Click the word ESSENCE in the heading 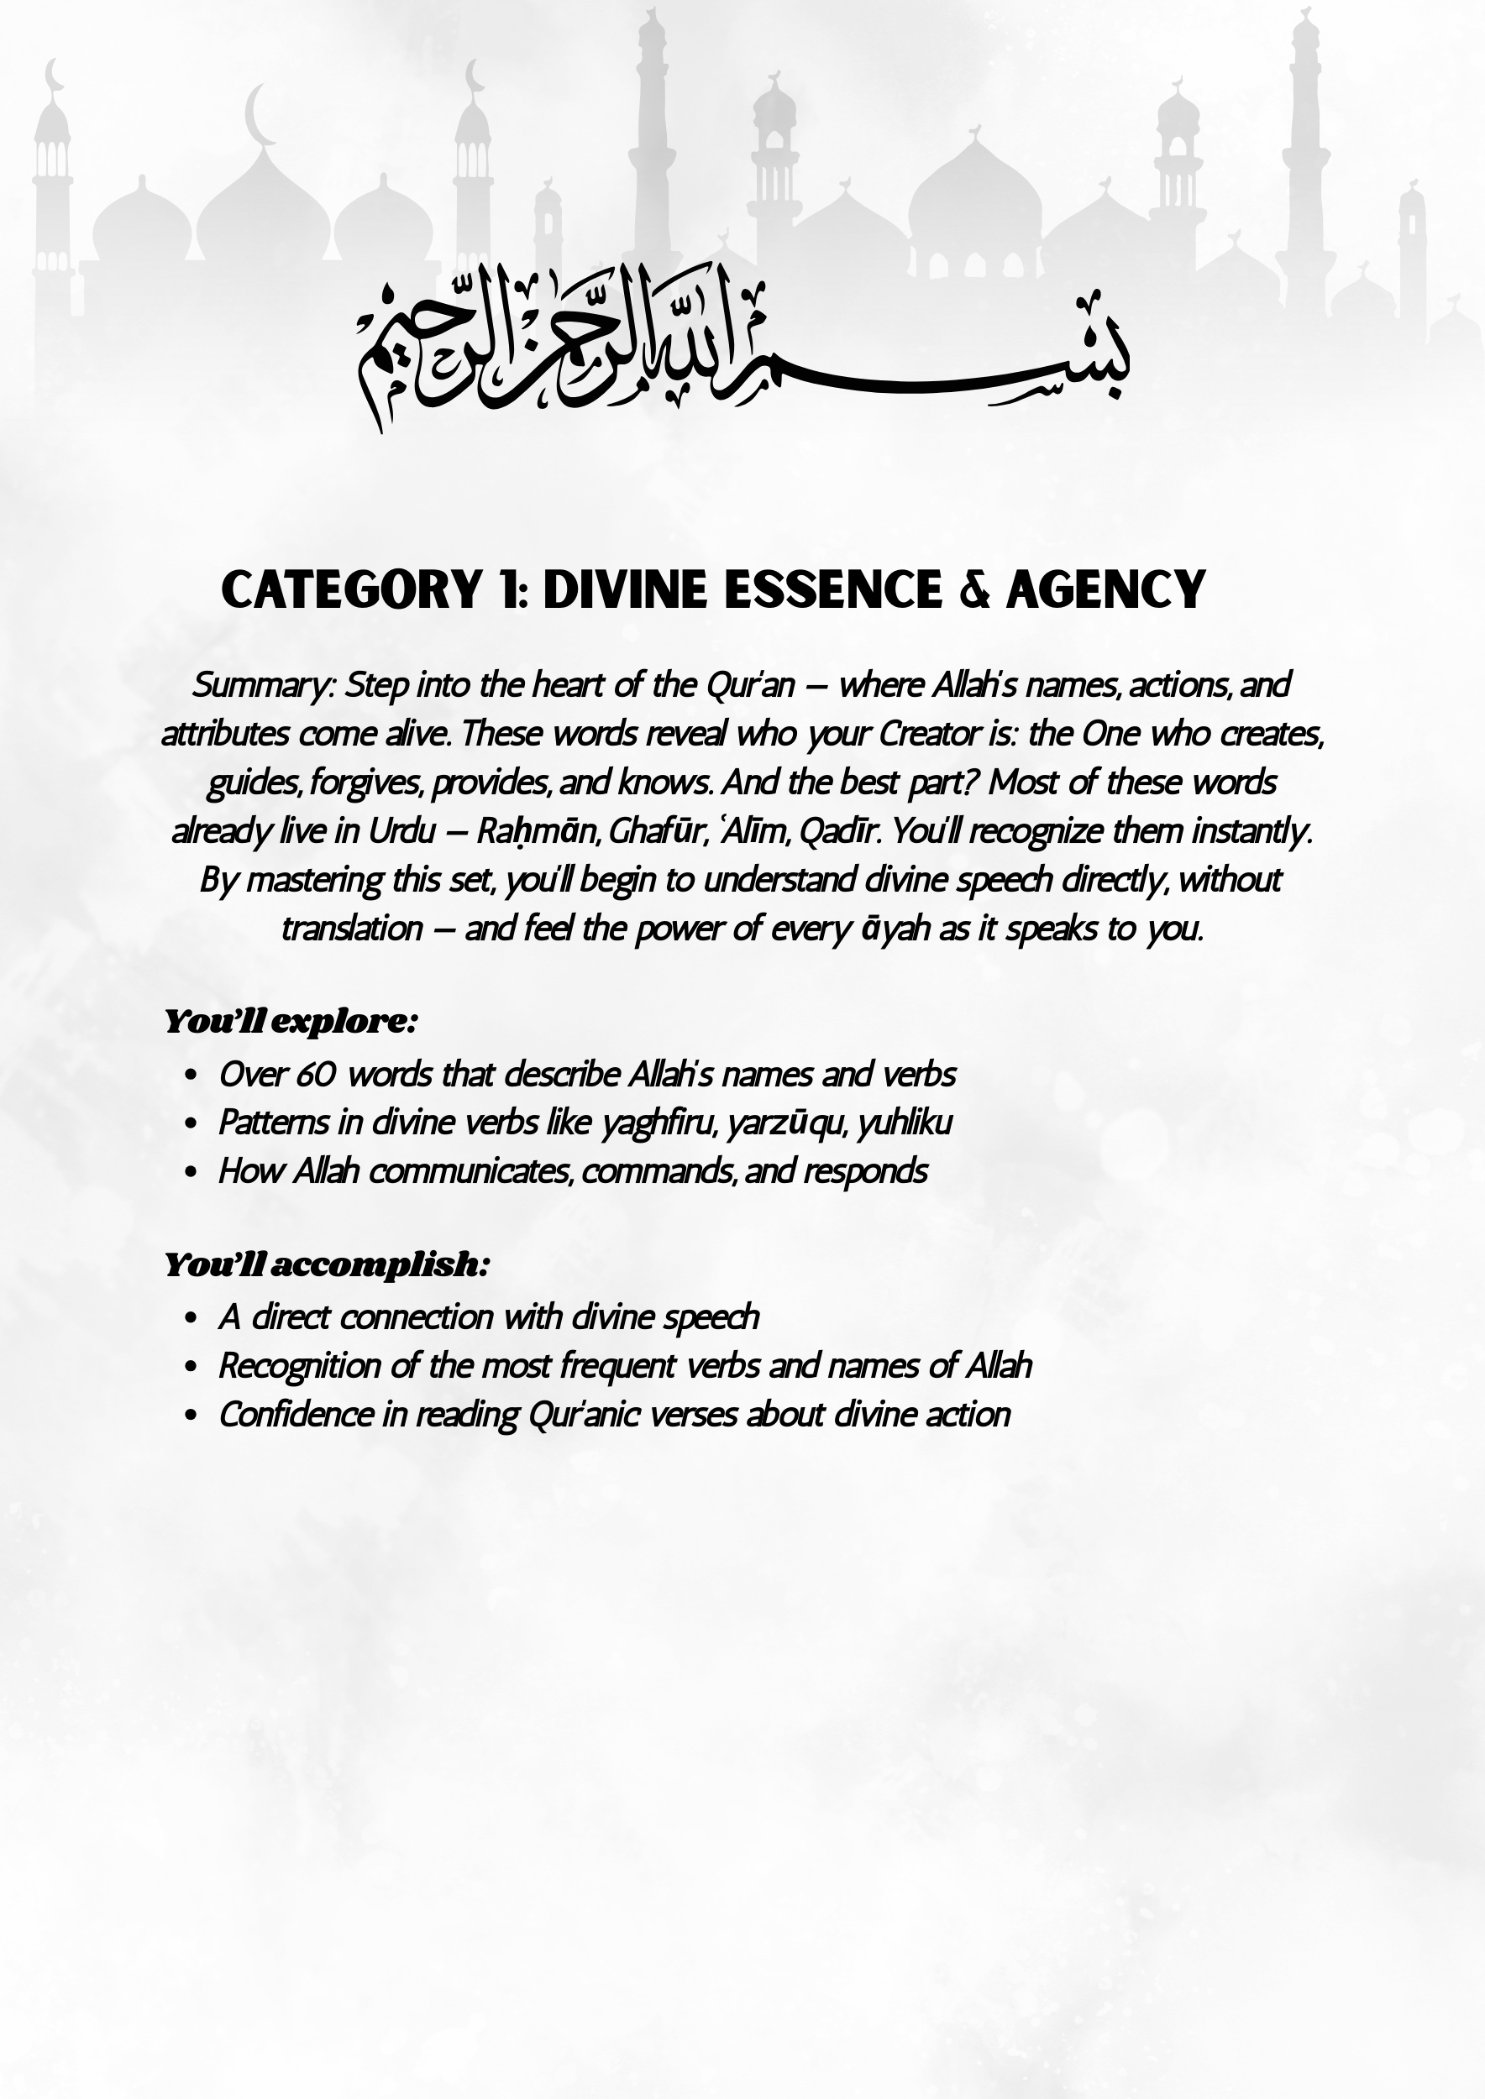tap(833, 589)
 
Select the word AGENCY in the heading tap(1105, 589)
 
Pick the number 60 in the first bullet tap(316, 1075)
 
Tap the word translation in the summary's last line tap(352, 929)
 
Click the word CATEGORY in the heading tap(350, 589)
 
